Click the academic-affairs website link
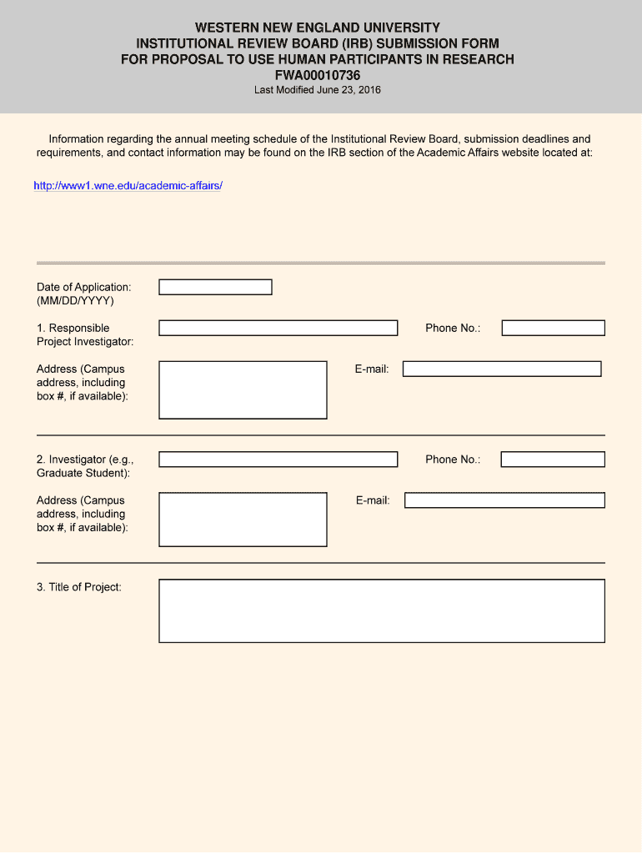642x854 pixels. [128, 185]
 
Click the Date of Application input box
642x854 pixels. [215, 287]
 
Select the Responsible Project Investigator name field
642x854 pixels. [278, 328]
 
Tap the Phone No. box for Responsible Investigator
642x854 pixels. [553, 328]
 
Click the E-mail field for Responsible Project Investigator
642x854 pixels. [502, 369]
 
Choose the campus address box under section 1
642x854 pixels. [243, 389]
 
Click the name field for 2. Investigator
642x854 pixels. [278, 460]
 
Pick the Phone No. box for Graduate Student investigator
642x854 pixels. [553, 460]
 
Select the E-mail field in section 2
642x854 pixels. [504, 500]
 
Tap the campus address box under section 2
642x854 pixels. [243, 519]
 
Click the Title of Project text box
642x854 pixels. [381, 610]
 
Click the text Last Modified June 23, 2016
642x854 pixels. [318, 90]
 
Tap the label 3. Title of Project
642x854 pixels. [79, 587]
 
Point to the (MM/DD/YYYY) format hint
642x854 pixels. [75, 300]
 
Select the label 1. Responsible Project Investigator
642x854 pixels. [84, 334]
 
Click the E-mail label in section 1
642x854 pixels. [372, 369]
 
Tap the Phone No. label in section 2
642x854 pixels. [453, 460]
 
